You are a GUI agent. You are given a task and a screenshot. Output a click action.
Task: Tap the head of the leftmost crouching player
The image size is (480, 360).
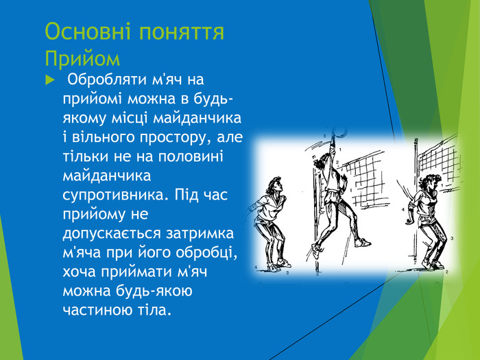tap(274, 184)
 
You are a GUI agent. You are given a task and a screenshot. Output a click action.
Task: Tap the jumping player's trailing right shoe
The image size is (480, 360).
tap(362, 241)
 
